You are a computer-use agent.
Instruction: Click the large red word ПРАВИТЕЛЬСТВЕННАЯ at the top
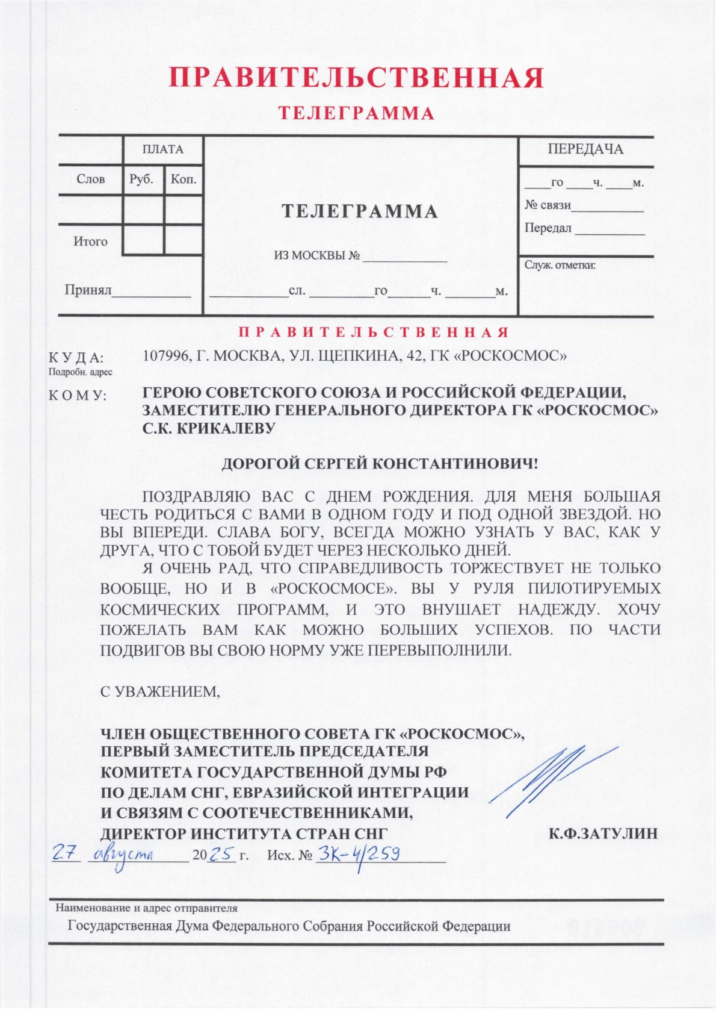point(356,78)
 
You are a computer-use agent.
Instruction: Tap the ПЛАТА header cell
point(162,149)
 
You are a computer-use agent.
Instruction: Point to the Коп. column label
point(184,179)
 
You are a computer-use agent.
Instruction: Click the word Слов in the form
point(91,179)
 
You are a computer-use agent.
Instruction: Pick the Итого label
point(90,242)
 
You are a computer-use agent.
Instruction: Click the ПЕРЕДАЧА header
point(585,149)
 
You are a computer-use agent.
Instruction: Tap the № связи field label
point(548,205)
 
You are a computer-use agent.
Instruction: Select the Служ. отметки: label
point(560,264)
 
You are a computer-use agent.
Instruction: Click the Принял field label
point(88,290)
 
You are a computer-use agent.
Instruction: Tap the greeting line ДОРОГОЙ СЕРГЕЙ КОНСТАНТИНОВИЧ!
point(380,464)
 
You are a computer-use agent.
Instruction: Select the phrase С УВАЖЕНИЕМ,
point(160,691)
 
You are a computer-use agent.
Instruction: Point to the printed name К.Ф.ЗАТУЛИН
point(602,834)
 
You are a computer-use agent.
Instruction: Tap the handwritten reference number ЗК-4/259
point(359,854)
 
